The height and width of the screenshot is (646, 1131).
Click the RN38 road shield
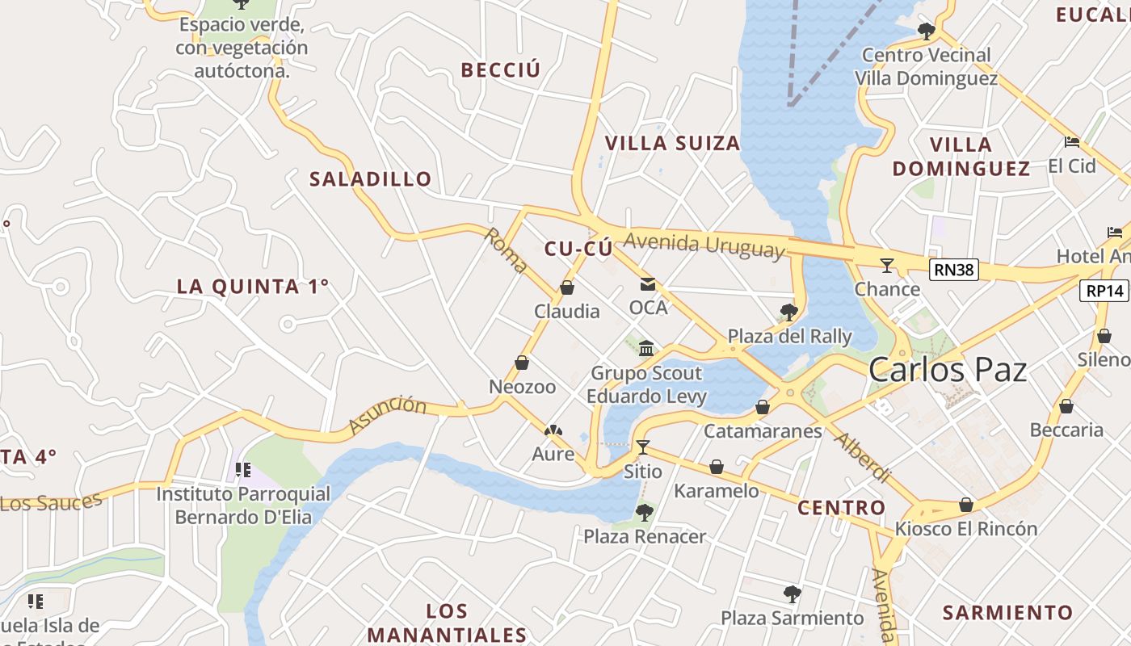click(953, 270)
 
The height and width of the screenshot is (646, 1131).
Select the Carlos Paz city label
click(947, 370)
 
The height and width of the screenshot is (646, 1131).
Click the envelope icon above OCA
click(648, 284)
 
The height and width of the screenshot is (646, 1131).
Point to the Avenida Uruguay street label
click(704, 245)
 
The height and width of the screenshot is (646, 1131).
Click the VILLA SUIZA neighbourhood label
click(672, 144)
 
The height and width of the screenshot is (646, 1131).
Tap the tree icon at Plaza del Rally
click(789, 312)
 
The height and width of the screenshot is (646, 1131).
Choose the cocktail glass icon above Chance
click(887, 265)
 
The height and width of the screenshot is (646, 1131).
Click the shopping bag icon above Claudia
click(567, 287)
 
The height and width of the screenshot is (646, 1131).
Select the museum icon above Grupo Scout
click(646, 348)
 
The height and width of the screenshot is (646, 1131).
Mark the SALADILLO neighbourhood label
click(371, 179)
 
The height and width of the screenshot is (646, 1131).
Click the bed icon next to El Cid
click(1072, 142)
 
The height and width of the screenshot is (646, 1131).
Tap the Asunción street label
click(387, 414)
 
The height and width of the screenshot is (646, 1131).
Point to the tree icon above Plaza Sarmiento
click(792, 594)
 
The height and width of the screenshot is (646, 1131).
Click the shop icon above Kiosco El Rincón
click(966, 505)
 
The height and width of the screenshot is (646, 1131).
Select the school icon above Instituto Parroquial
click(243, 469)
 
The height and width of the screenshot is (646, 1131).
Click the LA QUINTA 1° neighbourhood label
click(253, 286)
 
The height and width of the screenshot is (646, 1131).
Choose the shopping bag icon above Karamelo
click(717, 467)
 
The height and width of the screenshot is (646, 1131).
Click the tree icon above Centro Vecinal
click(927, 31)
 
